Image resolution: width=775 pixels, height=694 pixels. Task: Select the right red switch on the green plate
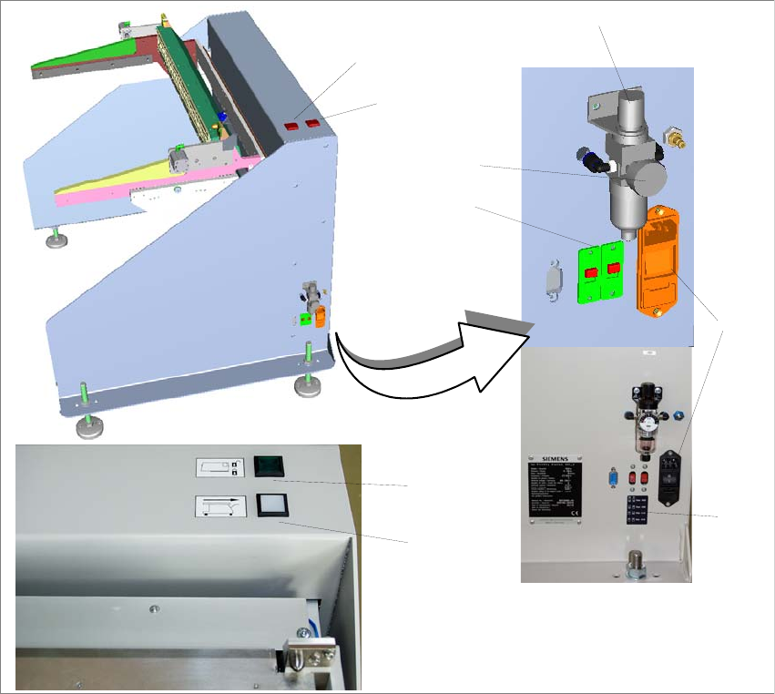coord(614,269)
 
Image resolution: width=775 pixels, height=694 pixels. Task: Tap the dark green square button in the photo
coord(270,465)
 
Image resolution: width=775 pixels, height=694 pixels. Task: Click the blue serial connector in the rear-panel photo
coord(612,477)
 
